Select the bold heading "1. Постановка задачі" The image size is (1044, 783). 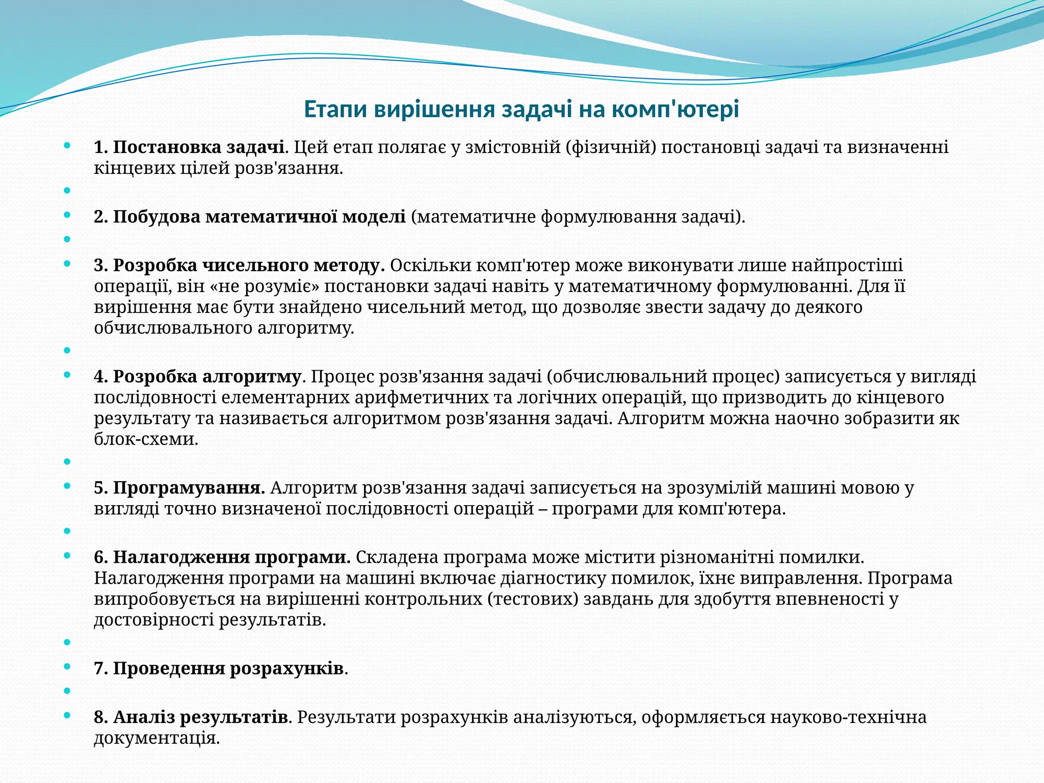click(x=189, y=147)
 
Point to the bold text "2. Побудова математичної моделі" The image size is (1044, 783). click(x=250, y=217)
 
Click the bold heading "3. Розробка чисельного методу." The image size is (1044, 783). click(x=239, y=266)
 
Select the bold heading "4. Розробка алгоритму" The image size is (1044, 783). click(x=198, y=377)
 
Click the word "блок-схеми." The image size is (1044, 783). click(x=146, y=439)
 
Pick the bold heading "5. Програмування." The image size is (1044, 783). click(x=179, y=488)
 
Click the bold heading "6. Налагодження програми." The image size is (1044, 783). click(x=222, y=557)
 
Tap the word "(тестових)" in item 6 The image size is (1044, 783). click(x=533, y=599)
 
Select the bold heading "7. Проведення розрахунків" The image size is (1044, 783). click(x=219, y=668)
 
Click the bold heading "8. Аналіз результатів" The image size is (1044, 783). click(x=191, y=717)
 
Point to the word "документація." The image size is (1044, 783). click(x=156, y=738)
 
